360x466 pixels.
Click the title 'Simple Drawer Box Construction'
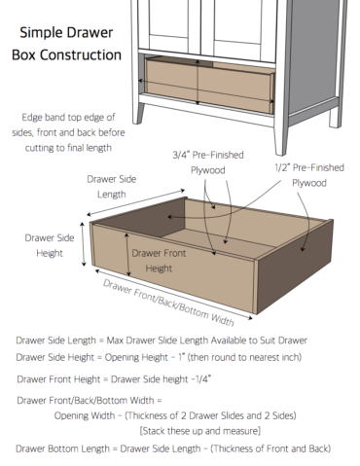click(x=66, y=44)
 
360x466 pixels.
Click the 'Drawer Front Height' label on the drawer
click(x=159, y=261)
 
